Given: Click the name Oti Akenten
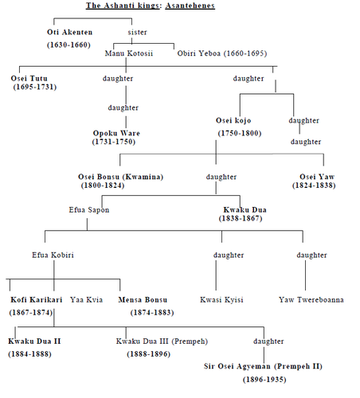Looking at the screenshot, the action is tap(70, 33).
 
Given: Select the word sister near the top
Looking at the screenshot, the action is tap(137, 33).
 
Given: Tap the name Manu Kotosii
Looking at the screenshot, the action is tap(129, 53).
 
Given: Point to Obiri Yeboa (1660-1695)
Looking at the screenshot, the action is tap(222, 53).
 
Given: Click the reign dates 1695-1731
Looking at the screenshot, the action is tap(35, 87).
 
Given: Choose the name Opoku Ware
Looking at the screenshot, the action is tap(116, 133).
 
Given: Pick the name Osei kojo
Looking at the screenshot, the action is tap(233, 120).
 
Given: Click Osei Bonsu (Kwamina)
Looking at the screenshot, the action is tap(120, 177).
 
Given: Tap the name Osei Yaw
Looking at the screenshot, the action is tap(317, 177).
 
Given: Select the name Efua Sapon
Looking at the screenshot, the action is tap(89, 210).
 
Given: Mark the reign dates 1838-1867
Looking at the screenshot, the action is tap(241, 218).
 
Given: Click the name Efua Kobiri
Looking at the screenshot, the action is tap(53, 255).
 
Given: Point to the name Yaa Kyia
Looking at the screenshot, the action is tap(86, 300).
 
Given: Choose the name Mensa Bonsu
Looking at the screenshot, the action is tap(143, 300).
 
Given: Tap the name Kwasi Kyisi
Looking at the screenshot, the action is tap(221, 300).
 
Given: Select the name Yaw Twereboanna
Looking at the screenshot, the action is tap(311, 300).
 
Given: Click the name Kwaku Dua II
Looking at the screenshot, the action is tap(34, 341).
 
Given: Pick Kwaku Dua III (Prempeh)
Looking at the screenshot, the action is tap(162, 341).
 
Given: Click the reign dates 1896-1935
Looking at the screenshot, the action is tap(264, 380).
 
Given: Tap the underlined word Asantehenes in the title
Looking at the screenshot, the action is tap(190, 6).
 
